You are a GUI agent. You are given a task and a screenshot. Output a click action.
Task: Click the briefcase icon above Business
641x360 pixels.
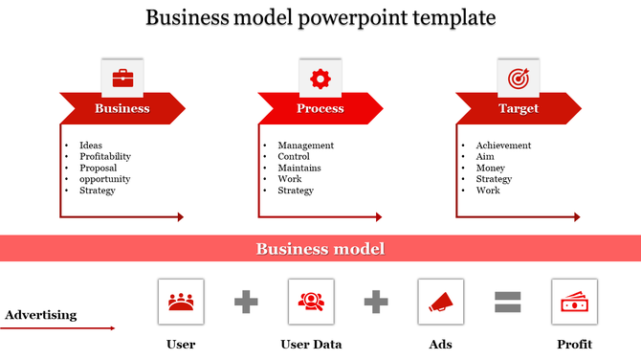[122, 78]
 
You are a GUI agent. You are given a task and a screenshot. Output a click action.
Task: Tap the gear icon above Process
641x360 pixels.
[320, 78]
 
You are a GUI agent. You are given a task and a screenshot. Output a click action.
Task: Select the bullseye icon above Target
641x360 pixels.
[518, 78]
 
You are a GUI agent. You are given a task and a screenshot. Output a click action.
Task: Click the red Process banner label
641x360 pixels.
[320, 108]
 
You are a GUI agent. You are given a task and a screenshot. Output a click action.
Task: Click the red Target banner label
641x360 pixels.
[518, 108]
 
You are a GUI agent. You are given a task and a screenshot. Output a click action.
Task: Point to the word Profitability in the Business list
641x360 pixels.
[105, 156]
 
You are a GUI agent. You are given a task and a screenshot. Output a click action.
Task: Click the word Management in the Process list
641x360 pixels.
[305, 146]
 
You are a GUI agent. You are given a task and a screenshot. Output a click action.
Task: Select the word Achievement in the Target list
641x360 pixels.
[503, 146]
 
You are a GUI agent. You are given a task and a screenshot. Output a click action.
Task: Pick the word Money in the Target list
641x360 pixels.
[490, 168]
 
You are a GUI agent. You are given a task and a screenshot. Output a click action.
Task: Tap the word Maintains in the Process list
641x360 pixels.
[299, 168]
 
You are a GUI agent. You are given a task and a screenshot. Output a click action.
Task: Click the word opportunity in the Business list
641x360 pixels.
[105, 179]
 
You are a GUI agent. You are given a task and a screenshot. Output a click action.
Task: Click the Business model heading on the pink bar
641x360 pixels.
[320, 249]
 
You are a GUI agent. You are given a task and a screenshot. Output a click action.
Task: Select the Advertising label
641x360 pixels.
[41, 314]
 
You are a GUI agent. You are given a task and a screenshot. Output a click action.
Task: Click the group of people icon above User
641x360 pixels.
[180, 302]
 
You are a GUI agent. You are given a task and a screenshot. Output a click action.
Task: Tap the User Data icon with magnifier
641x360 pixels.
[310, 302]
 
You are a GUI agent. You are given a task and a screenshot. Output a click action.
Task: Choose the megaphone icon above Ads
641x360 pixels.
[440, 302]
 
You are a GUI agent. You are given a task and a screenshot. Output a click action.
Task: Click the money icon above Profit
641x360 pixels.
[574, 302]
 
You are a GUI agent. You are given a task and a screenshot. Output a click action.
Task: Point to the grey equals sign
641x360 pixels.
[507, 303]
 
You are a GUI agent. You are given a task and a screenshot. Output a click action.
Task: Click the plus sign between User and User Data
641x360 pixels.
[246, 303]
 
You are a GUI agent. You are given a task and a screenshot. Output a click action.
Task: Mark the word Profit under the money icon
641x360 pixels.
[574, 344]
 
